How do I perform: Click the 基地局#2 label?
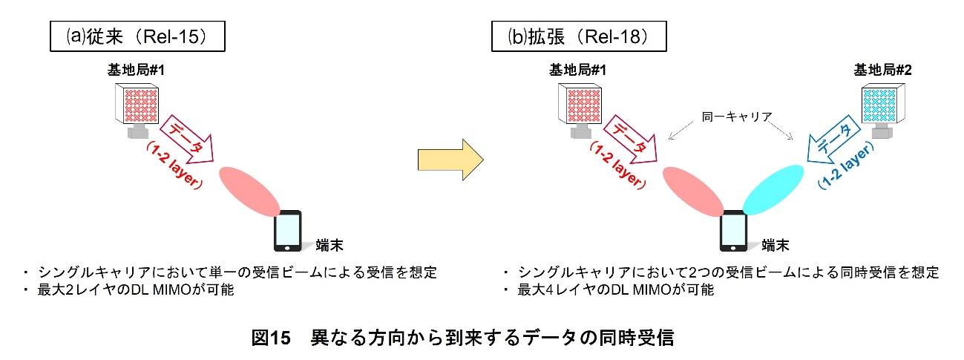tap(882, 71)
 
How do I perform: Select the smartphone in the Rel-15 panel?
tap(288, 232)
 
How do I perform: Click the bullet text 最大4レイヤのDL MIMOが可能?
tap(615, 289)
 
